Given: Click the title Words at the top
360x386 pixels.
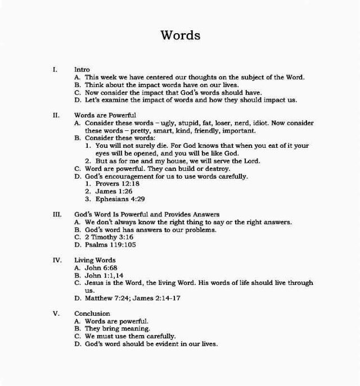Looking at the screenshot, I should (x=180, y=35).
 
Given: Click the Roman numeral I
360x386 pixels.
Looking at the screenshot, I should (x=55, y=70).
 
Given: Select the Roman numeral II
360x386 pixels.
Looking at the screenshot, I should (x=56, y=115).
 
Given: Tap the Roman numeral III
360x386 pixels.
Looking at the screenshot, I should (x=57, y=214).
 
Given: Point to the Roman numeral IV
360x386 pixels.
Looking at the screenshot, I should (x=57, y=260).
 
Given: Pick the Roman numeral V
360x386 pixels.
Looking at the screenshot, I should (x=56, y=314).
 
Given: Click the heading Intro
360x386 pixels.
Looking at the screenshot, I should (x=82, y=70).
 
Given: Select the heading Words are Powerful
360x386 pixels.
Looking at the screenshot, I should (x=105, y=115).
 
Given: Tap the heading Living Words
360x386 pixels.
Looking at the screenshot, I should (x=94, y=260).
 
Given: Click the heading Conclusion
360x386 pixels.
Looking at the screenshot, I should (x=92, y=314).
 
